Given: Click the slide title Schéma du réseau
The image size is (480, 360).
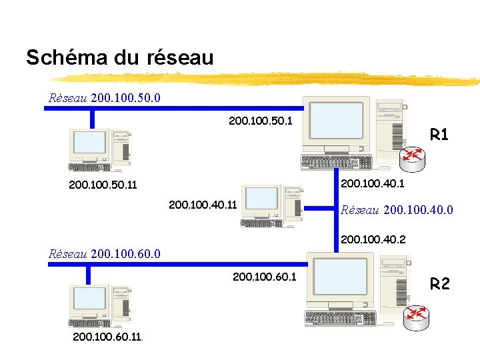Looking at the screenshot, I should click(120, 58).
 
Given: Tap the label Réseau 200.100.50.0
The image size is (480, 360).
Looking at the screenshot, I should click(105, 98).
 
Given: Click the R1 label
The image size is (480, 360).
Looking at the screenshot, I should click(439, 135).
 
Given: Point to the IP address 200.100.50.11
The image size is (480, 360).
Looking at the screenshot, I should click(103, 185).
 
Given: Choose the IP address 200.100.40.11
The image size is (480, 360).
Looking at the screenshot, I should click(203, 205).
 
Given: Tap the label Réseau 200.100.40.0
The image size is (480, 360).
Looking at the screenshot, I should click(397, 211).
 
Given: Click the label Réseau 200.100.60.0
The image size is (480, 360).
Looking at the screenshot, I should click(105, 253).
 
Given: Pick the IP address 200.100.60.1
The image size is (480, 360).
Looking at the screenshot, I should click(265, 277).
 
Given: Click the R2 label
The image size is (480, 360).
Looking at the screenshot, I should click(440, 285).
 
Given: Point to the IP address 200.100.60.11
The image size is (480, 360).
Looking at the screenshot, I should click(106, 337).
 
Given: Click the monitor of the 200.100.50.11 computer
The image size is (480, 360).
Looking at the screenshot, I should click(90, 142).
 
